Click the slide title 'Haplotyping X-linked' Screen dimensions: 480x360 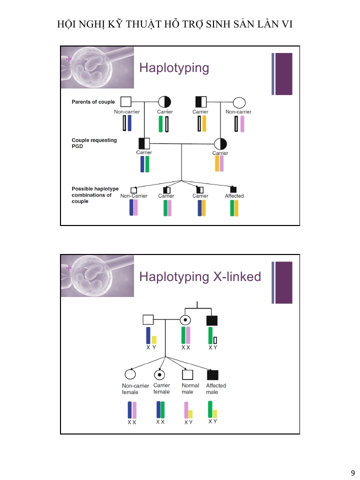click(x=200, y=276)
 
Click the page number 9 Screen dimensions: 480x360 click(x=352, y=473)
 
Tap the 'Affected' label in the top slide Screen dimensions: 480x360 click(x=234, y=196)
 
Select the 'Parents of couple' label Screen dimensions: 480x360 click(x=93, y=102)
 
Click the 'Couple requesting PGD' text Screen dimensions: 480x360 click(x=94, y=143)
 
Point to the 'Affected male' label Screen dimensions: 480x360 click(x=216, y=388)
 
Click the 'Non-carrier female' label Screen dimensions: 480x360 click(x=135, y=388)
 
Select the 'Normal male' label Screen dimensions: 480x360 click(x=190, y=388)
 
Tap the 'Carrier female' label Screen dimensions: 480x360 click(x=161, y=388)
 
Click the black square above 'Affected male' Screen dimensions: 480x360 click(x=213, y=374)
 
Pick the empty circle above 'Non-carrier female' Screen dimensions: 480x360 click(x=130, y=374)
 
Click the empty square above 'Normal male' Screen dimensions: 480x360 click(x=187, y=374)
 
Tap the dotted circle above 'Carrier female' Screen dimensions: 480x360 click(x=159, y=374)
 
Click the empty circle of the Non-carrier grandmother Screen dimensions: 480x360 click(x=239, y=102)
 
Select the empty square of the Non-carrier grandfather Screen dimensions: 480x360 click(x=126, y=101)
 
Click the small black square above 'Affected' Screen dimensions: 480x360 click(x=233, y=189)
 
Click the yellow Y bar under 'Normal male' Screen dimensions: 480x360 click(x=190, y=414)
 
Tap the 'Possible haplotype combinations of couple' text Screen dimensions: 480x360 click(x=95, y=195)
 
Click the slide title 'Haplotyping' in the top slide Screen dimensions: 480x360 click(x=174, y=67)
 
